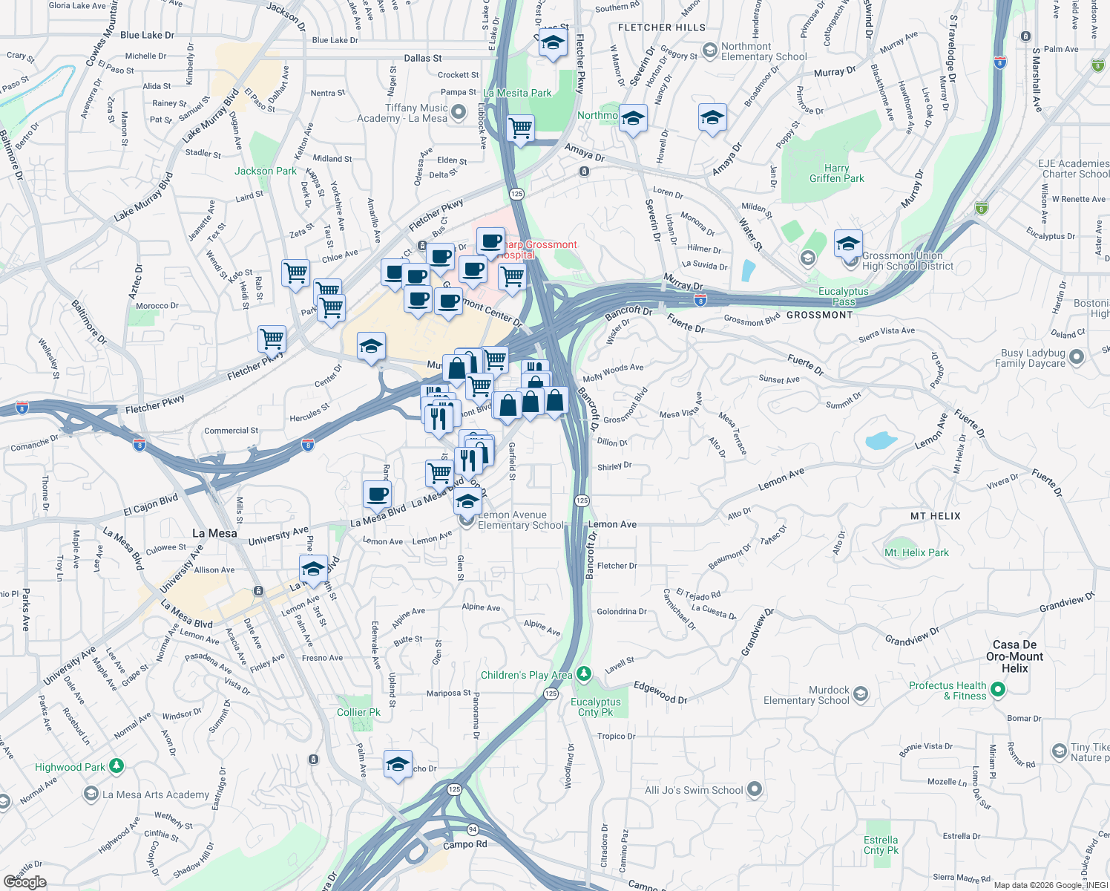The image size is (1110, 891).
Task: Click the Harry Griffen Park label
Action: (836, 173)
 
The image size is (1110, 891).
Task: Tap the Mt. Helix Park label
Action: (916, 552)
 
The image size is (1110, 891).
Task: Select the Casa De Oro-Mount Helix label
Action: (1014, 656)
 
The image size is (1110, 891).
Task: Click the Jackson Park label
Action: (265, 171)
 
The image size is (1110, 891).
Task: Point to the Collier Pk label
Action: (358, 712)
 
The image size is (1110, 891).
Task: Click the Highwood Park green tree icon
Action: (116, 766)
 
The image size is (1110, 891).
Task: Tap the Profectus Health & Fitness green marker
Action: (998, 690)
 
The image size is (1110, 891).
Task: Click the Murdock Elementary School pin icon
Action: (861, 694)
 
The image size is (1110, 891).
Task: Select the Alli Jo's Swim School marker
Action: (755, 789)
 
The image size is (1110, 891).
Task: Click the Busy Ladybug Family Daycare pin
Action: (1077, 357)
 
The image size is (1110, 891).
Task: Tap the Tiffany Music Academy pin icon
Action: (459, 112)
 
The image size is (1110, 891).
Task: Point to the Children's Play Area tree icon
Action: (584, 674)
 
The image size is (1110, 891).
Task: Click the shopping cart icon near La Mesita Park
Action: (521, 128)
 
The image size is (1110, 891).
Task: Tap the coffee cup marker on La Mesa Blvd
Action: (378, 494)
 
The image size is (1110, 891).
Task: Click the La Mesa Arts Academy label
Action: (156, 794)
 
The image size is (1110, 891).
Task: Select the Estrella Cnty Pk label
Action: (881, 845)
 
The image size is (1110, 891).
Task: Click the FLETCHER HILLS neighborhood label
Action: (662, 27)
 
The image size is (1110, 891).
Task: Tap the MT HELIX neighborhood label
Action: (935, 516)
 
